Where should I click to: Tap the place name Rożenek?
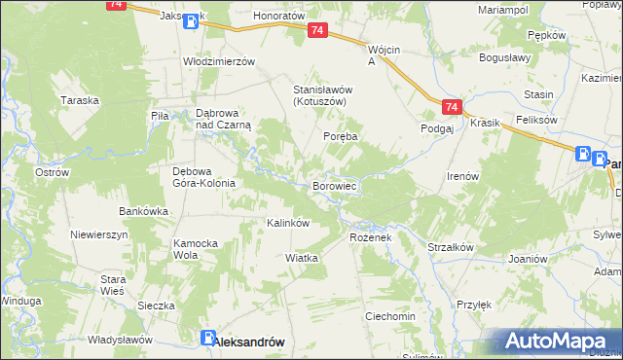pos(368,237)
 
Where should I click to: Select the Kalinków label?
pos(288,223)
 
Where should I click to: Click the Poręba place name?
pos(341,137)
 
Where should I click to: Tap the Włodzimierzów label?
pos(219,60)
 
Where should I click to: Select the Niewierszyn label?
pos(99,235)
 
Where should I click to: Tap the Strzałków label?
pos(450,247)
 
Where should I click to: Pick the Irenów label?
pos(462,176)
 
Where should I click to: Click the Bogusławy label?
pos(503,57)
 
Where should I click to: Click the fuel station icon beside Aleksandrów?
pos(208,339)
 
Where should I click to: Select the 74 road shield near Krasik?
pos(450,106)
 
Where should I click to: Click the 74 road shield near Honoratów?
pos(317,32)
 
